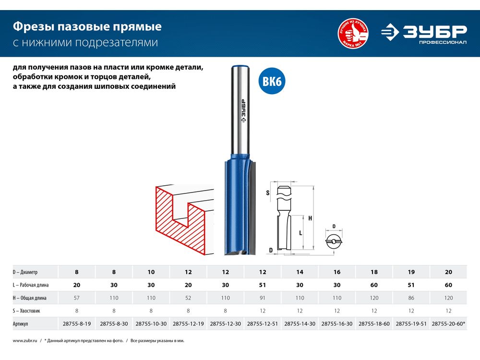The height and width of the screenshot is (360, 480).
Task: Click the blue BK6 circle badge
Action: pyautogui.click(x=272, y=81)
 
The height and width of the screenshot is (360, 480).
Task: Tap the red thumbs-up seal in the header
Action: pyautogui.click(x=353, y=34)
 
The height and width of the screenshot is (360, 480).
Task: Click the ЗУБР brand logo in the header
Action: pyautogui.click(x=424, y=34)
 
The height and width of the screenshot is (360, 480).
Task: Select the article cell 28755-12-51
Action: pyautogui.click(x=263, y=324)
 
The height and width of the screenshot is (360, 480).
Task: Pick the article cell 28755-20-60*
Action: pyautogui.click(x=448, y=324)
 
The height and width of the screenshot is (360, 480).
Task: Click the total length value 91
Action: pyautogui.click(x=263, y=298)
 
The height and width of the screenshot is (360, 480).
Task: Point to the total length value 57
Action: pyautogui.click(x=76, y=298)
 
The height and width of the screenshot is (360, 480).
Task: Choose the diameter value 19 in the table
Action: pyautogui.click(x=411, y=272)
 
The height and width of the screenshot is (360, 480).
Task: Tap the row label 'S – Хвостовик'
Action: pyautogui.click(x=26, y=311)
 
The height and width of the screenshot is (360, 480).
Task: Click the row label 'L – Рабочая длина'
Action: pyautogui.click(x=31, y=285)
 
